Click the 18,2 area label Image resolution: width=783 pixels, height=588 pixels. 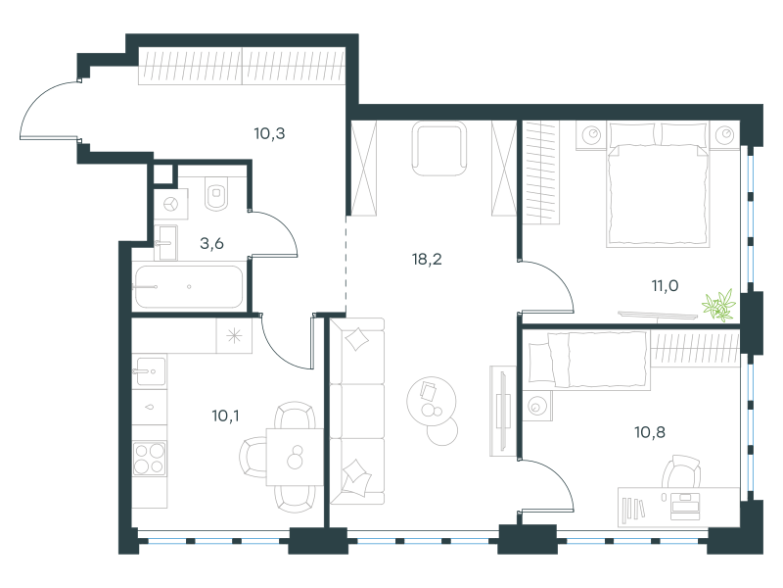[427, 260]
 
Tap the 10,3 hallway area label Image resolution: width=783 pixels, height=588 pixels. [269, 133]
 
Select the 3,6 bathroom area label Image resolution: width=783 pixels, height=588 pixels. [211, 243]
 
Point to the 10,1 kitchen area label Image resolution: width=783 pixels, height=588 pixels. [225, 416]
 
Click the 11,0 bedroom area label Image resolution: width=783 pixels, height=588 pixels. [665, 286]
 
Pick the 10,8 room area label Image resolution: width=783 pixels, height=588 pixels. [650, 432]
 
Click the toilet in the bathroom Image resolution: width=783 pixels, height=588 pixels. [216, 193]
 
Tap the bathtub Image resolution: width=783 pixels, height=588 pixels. [188, 286]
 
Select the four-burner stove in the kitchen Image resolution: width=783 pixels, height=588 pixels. [150, 458]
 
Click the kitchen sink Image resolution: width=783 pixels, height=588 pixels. [151, 371]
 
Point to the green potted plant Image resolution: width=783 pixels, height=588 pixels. [719, 306]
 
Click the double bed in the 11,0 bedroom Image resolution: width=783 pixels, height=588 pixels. [658, 184]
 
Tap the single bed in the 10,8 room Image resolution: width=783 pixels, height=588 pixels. [589, 361]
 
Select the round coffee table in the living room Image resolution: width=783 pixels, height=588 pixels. [432, 401]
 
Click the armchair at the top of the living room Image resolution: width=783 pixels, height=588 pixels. [439, 149]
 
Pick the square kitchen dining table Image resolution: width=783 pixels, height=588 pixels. [295, 457]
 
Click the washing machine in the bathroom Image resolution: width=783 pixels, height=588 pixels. [170, 204]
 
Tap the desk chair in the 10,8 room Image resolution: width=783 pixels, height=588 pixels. [681, 471]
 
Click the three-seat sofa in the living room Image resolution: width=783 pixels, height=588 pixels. [357, 411]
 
